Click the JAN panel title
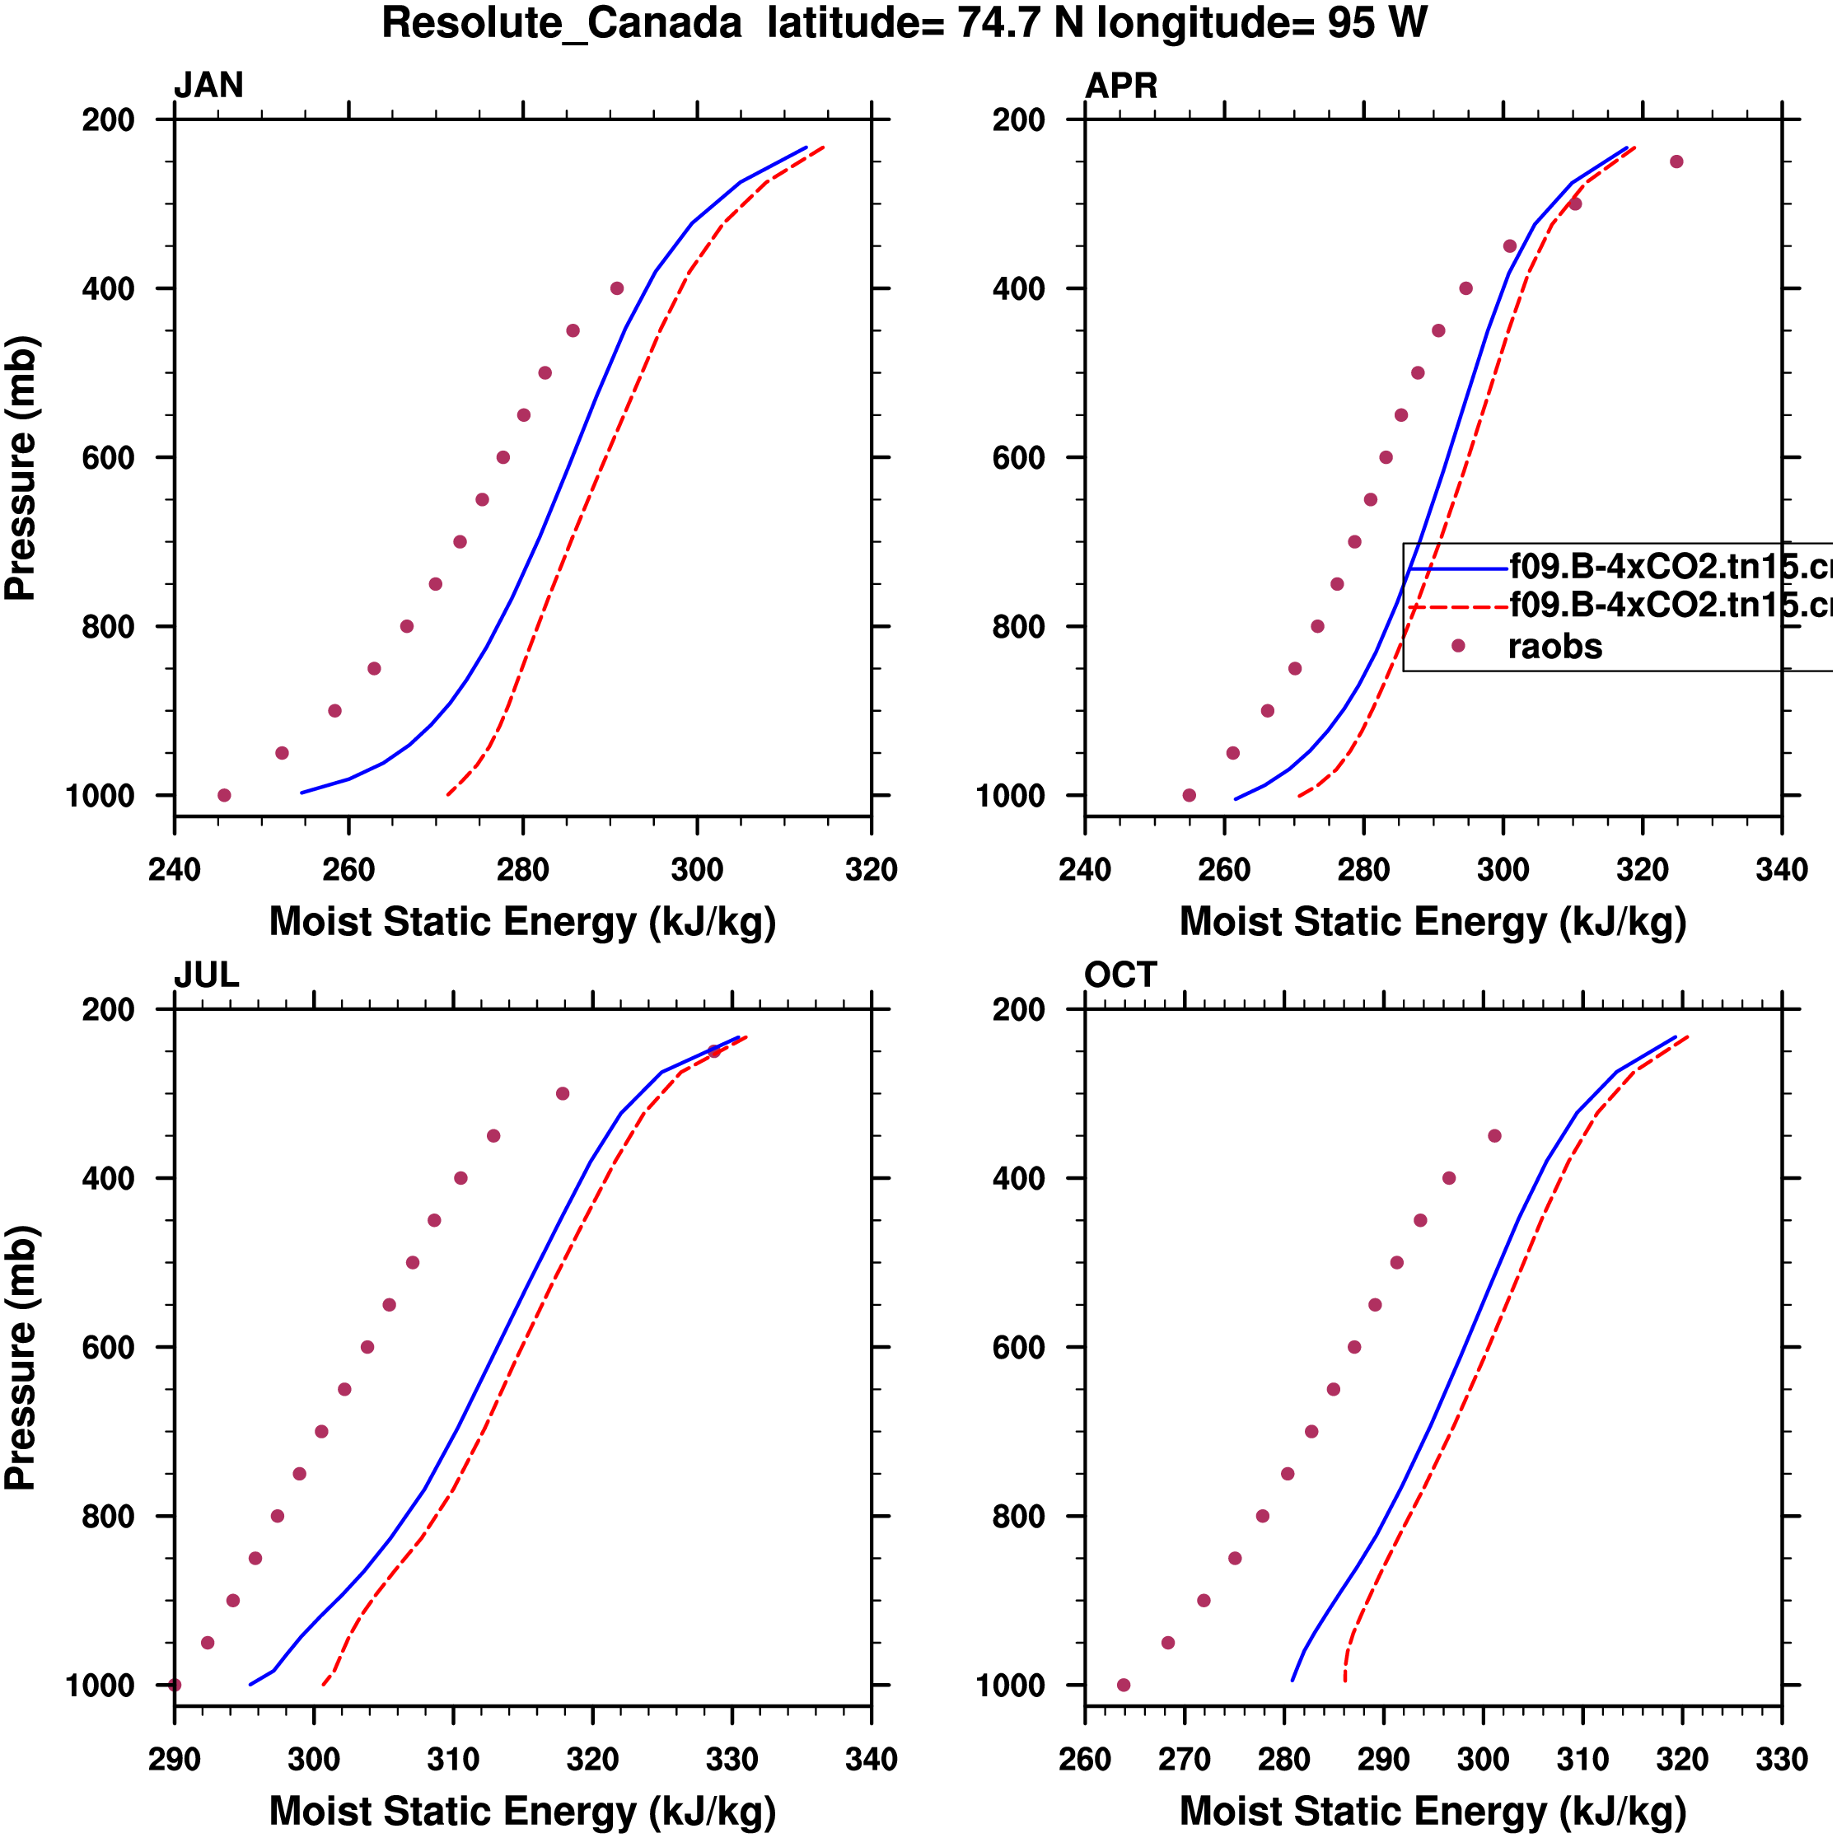point(208,86)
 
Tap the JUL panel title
point(207,975)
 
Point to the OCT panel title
point(1119,975)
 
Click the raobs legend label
point(1554,647)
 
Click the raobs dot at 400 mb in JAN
point(616,288)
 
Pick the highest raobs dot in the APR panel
point(1676,161)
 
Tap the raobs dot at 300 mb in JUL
point(563,1094)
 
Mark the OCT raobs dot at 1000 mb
point(1124,1685)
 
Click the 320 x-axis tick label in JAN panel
point(871,869)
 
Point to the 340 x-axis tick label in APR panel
point(1781,869)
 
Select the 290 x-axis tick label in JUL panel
point(174,1759)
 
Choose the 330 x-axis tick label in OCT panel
point(1781,1759)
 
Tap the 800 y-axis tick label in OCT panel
point(1019,1517)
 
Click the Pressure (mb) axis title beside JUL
point(21,1358)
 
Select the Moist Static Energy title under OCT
point(1433,1811)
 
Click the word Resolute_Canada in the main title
point(561,23)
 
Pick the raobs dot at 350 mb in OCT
point(1494,1136)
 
